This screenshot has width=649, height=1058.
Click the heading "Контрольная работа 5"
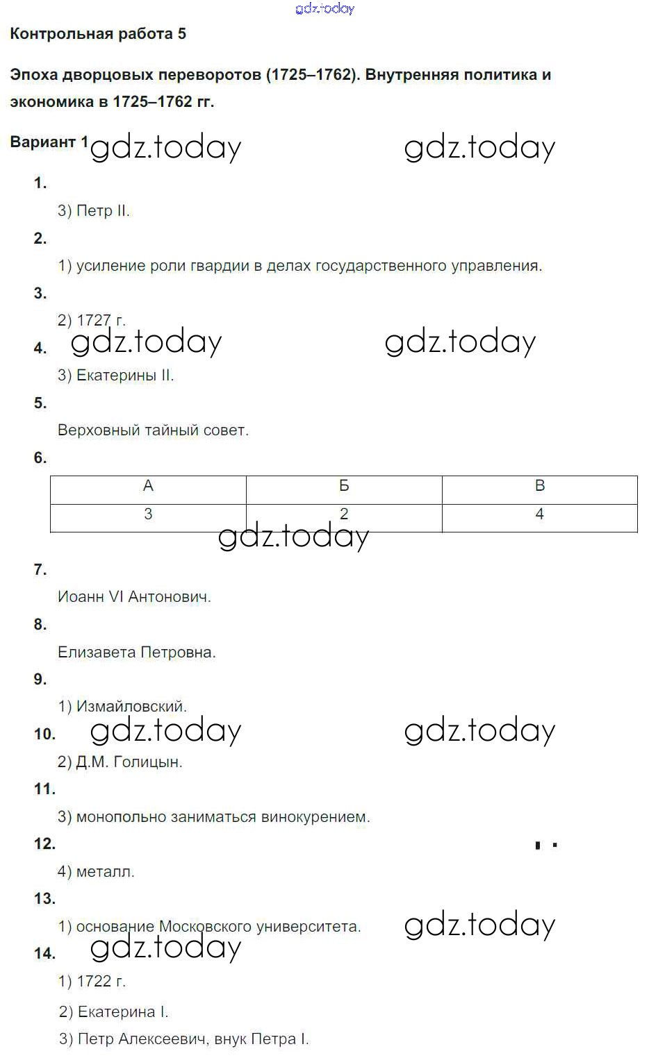pos(98,34)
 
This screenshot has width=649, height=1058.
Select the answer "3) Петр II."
pos(94,211)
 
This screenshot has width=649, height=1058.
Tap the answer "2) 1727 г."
pos(91,320)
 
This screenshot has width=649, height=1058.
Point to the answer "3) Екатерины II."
pos(115,376)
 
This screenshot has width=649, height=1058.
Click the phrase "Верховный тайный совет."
pos(153,430)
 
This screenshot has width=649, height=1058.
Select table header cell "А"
pos(148,486)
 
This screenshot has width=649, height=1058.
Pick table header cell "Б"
pos(344,486)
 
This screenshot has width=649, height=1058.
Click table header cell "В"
pos(540,486)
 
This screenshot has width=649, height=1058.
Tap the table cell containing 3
pos(148,514)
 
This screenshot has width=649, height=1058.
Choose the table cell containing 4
pos(540,514)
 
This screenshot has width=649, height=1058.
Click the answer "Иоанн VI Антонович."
pos(134,596)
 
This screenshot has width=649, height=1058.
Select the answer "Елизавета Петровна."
pos(137,652)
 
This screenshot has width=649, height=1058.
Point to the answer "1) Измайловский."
pos(122,707)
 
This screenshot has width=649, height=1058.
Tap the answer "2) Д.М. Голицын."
pos(120,762)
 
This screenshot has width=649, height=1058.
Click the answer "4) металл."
pos(96,871)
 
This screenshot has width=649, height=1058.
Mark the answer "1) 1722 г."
pos(92,981)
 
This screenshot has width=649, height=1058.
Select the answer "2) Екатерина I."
pos(114,1011)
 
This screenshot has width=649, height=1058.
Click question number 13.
pos(44,898)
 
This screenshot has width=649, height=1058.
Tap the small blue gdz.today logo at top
pos(324,8)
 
